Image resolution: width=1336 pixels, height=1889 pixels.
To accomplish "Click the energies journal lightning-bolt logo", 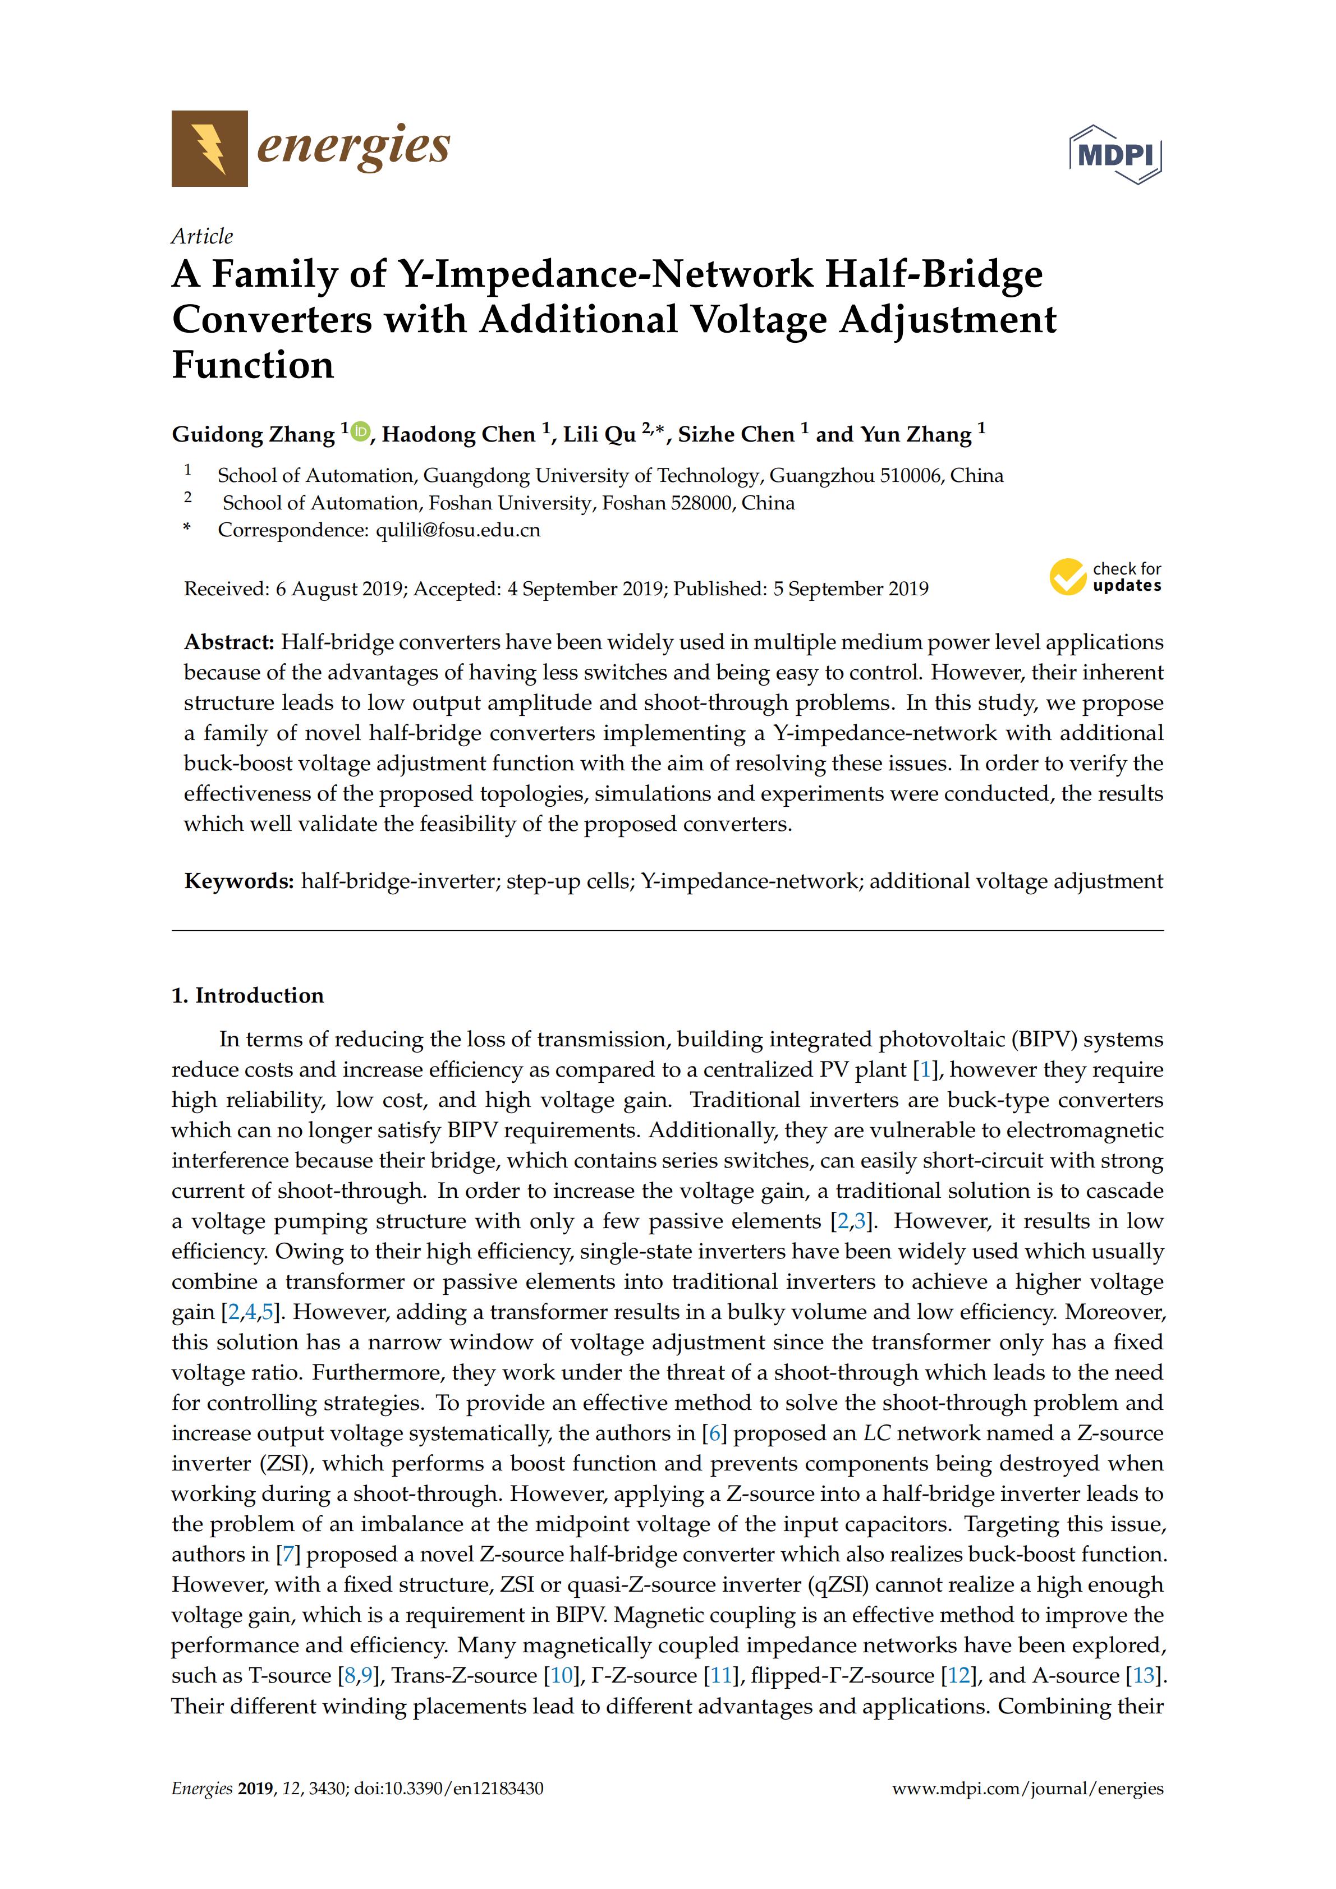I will pos(209,148).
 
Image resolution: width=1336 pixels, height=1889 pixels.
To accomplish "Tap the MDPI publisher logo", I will pos(1115,154).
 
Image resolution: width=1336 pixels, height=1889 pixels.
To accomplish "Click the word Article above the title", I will pos(201,236).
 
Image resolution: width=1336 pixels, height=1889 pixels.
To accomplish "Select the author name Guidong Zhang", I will pos(252,434).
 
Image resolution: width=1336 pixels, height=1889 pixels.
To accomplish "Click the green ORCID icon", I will pos(360,430).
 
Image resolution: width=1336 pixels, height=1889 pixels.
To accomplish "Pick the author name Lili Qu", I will pos(599,434).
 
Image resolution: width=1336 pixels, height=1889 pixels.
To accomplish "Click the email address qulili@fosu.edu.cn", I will pos(457,530).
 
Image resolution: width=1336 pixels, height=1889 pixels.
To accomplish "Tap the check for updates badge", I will pos(1105,577).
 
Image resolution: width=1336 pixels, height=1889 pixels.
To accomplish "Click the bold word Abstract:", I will pos(229,642).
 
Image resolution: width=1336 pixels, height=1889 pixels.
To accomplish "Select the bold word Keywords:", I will pos(238,881).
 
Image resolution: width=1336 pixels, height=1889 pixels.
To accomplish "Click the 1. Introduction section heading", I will pos(247,995).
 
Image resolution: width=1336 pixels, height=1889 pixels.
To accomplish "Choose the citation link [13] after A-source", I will pos(1144,1675).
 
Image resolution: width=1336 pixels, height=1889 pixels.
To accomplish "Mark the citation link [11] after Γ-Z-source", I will pos(720,1675).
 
